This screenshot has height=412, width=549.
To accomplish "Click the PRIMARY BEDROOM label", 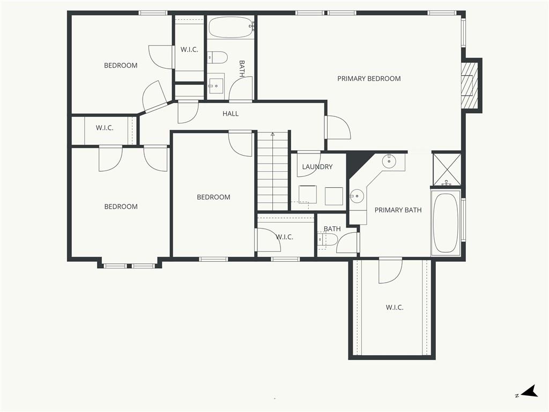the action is tap(369, 78).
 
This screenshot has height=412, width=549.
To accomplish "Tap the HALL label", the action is tap(231, 114).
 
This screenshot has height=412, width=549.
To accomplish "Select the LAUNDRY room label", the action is tap(317, 167).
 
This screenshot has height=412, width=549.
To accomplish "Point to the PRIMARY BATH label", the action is tap(398, 210).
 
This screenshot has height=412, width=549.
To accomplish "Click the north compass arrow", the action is tap(530, 391).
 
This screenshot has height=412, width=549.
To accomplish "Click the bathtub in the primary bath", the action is tap(446, 223).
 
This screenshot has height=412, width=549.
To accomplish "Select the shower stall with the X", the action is tap(447, 169).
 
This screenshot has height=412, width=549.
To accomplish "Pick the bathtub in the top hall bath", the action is tap(231, 27).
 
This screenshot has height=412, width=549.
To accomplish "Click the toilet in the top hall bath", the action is tap(217, 57).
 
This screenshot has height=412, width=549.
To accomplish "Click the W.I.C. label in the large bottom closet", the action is tap(395, 307).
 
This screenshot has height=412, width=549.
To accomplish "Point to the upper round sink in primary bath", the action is tap(389, 162).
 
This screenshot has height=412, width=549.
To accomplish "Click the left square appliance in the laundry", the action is tap(308, 195).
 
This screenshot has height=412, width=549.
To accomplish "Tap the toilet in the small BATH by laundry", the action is tap(328, 240).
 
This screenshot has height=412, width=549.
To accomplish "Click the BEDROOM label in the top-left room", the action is tap(121, 65).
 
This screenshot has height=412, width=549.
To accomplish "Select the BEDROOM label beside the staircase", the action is tap(213, 197).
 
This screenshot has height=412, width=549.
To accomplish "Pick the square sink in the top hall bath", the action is tap(216, 84).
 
